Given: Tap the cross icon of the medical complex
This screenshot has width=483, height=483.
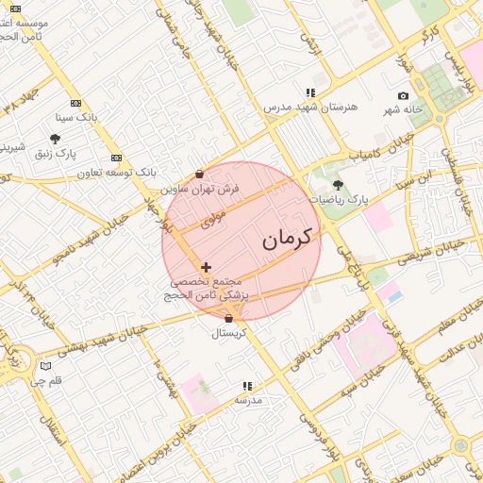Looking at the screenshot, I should click(x=207, y=268).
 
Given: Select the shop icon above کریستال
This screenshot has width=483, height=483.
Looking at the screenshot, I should click(x=228, y=319).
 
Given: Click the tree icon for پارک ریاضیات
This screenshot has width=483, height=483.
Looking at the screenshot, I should click(x=338, y=185).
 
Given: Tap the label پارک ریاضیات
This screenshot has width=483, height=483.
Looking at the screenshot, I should click(x=339, y=200).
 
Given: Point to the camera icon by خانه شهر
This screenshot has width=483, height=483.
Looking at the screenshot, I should click(x=404, y=96).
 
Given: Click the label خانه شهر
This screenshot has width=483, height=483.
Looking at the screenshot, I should click(x=405, y=110).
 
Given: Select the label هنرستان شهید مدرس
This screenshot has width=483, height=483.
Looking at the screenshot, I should click(x=309, y=107).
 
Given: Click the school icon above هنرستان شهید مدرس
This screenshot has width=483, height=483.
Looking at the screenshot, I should click(x=309, y=92).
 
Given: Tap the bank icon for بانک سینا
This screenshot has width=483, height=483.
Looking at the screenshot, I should click(x=76, y=104).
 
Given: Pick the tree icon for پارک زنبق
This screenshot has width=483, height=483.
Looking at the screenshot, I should click(x=55, y=139).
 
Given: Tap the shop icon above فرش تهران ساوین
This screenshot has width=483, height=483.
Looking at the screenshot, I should click(x=199, y=175).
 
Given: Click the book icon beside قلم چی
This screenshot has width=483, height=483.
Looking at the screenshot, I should click(x=46, y=366).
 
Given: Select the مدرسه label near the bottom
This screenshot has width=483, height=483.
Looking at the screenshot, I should click(x=247, y=400).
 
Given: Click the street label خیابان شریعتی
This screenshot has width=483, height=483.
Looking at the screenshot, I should click(x=429, y=250).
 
